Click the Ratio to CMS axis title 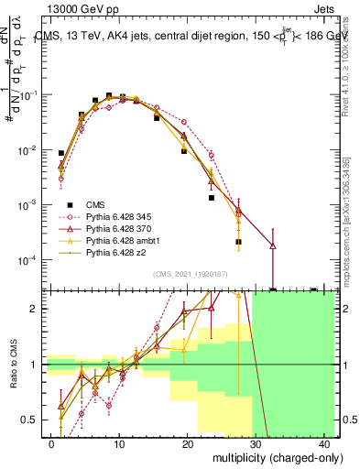tap(16, 365)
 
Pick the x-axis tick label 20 tap(187, 442)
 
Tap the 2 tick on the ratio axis tap(37, 309)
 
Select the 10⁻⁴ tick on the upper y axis tap(30, 259)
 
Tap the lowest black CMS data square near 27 tap(238, 242)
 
